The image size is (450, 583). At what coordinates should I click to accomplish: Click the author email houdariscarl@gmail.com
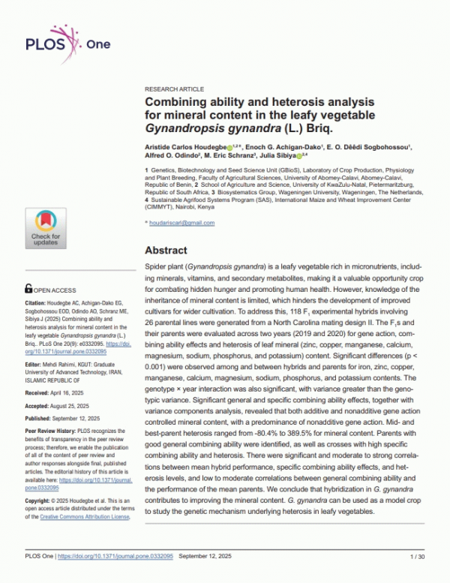(x=184, y=223)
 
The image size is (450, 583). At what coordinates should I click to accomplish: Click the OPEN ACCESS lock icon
(x=28, y=288)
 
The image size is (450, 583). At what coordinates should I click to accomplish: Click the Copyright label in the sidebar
(x=41, y=499)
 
